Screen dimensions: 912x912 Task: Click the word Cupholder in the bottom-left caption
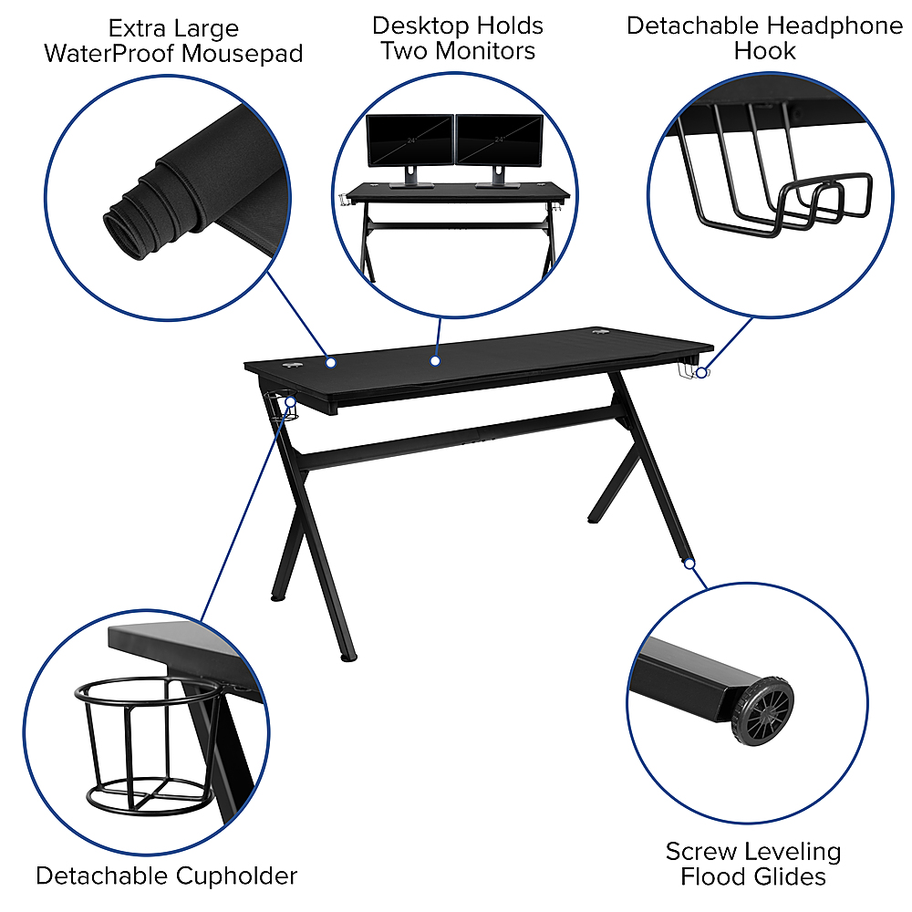pyautogui.click(x=235, y=876)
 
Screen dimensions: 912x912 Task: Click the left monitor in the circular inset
pyautogui.click(x=409, y=141)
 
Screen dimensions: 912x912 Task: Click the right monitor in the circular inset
pyautogui.click(x=498, y=141)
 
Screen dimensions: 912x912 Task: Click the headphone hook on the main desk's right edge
pyautogui.click(x=689, y=372)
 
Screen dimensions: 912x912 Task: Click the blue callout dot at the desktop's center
pyautogui.click(x=436, y=361)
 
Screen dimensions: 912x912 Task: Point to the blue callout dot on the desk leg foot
pyautogui.click(x=689, y=564)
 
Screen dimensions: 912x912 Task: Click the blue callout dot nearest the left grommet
pyautogui.click(x=331, y=362)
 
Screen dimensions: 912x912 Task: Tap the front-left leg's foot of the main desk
pyautogui.click(x=344, y=655)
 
